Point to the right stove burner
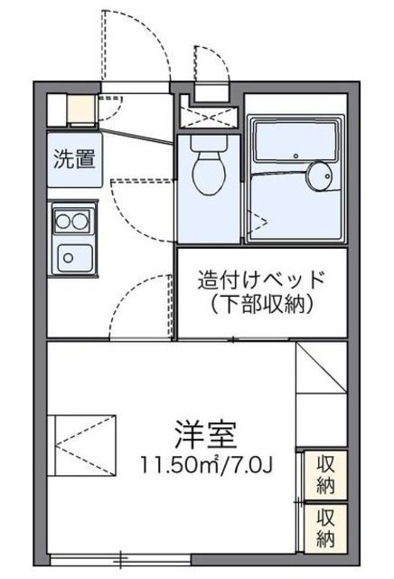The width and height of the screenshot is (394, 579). tap(82, 220)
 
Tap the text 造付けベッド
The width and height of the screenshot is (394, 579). tap(261, 280)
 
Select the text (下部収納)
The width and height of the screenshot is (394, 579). tap(261, 303)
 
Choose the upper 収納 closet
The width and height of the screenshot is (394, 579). tap(325, 472)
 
